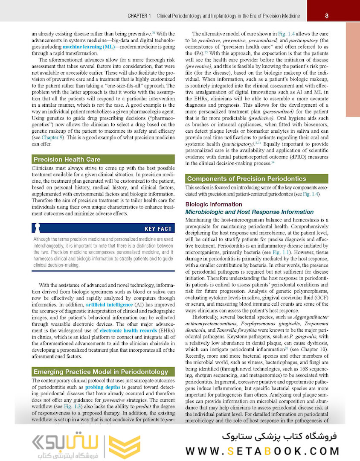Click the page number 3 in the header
coord(326,16)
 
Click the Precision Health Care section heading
coord(67,159)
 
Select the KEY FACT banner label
coord(158,229)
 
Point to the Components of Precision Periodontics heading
coord(247,178)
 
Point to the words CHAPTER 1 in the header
coord(139,16)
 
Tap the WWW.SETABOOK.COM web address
coord(263,451)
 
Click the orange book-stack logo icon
coord(124,447)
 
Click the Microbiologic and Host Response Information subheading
coord(250,212)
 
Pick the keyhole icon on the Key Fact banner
coord(37,228)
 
